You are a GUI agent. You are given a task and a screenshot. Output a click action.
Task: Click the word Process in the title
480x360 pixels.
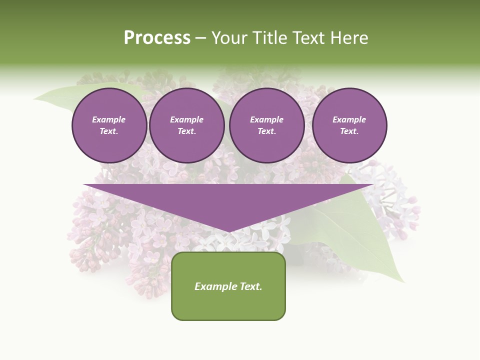157,38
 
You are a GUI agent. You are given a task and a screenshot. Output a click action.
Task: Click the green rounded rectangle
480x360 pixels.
228,305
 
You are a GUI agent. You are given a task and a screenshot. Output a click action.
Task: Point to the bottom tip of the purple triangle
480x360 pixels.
228,231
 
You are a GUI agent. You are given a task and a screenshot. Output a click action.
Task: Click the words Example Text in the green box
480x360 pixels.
228,286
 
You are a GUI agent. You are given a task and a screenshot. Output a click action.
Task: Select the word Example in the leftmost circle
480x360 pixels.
109,119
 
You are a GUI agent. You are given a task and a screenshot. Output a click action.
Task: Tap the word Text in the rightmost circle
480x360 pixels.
349,131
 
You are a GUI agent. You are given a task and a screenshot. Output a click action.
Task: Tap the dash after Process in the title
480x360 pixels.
200,38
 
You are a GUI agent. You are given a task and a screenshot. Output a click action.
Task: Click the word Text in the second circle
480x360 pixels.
186,131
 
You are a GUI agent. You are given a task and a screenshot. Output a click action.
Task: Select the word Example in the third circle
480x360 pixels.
266,119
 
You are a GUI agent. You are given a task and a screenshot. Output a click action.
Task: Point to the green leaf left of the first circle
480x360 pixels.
60,98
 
